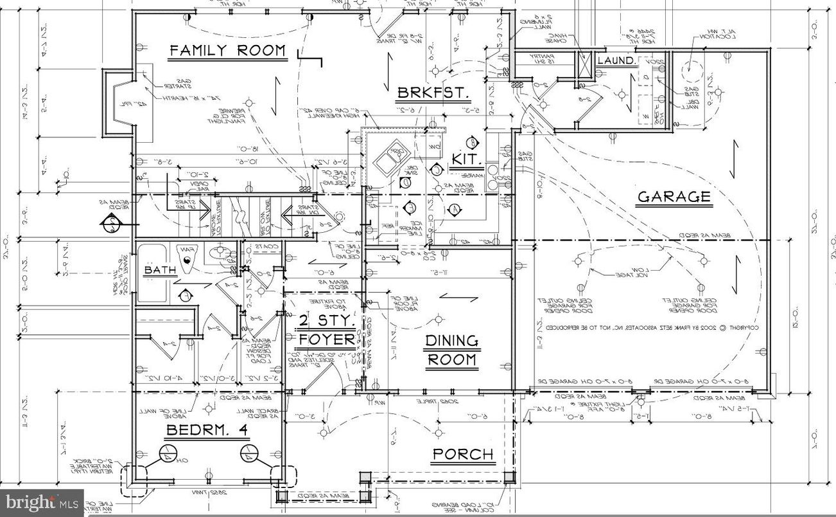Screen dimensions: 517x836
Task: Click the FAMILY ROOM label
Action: pyautogui.click(x=227, y=51)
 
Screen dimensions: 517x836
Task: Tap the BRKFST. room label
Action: pyautogui.click(x=433, y=93)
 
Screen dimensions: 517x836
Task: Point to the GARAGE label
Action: pyautogui.click(x=674, y=197)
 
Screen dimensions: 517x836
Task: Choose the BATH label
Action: pyautogui.click(x=160, y=271)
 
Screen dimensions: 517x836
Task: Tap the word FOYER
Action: pyautogui.click(x=326, y=340)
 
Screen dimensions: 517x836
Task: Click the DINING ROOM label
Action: pyautogui.click(x=451, y=350)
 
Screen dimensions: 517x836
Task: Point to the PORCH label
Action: pyautogui.click(x=462, y=455)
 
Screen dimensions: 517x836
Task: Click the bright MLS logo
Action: pyautogui.click(x=41, y=502)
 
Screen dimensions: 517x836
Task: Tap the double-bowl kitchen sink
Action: pyautogui.click(x=391, y=159)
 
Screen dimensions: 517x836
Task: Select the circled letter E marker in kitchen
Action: pyautogui.click(x=412, y=207)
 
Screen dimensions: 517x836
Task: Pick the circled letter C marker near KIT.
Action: pyautogui.click(x=437, y=170)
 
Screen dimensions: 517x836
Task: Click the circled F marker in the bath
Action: pyautogui.click(x=186, y=295)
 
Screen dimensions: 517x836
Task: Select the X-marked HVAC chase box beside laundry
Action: pyautogui.click(x=584, y=66)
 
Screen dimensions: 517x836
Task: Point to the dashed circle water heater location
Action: pyautogui.click(x=690, y=66)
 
